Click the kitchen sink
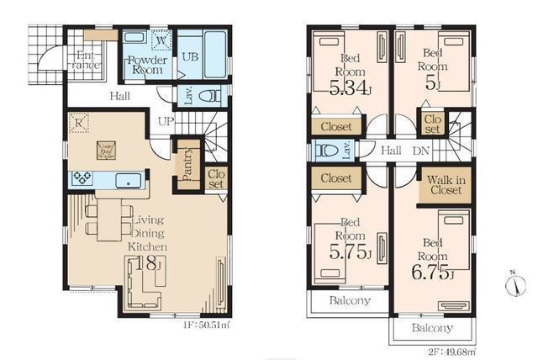pos(128,178)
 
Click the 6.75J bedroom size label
pos(434,274)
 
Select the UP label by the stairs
pos(165,121)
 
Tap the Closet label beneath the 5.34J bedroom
pos(337,127)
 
